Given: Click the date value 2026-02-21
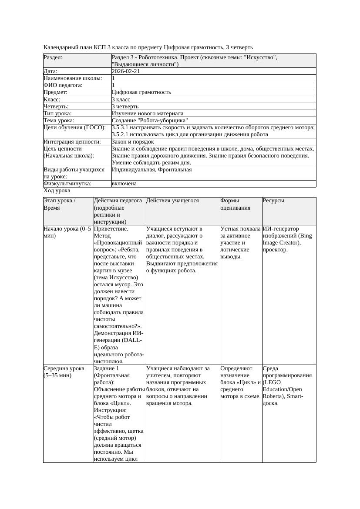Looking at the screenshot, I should coord(126,71).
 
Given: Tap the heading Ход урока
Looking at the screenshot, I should coord(57,191).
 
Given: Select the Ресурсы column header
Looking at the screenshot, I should coord(273,201).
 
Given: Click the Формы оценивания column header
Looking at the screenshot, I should coord(236,204).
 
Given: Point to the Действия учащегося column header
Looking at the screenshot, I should coord(172,201).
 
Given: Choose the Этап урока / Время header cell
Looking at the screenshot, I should coord(60,204).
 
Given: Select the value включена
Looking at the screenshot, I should coord(124,184).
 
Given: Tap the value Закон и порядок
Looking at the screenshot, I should coord(133,141).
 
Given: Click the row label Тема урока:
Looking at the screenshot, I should coord(59,120).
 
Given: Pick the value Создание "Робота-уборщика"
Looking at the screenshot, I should coord(150,120).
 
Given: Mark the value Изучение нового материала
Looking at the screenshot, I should coord(148,113).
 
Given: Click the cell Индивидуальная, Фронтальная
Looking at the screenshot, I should coord(151,170).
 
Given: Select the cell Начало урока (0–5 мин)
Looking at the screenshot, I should coord(67,232).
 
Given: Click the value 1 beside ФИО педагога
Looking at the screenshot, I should coord(113,85).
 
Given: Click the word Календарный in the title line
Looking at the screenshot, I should coord(61,47).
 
